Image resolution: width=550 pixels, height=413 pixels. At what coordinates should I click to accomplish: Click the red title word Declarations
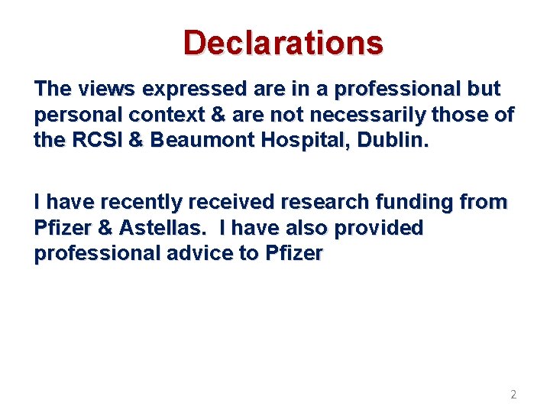(283, 43)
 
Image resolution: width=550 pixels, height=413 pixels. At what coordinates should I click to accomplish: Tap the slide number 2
(513, 395)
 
